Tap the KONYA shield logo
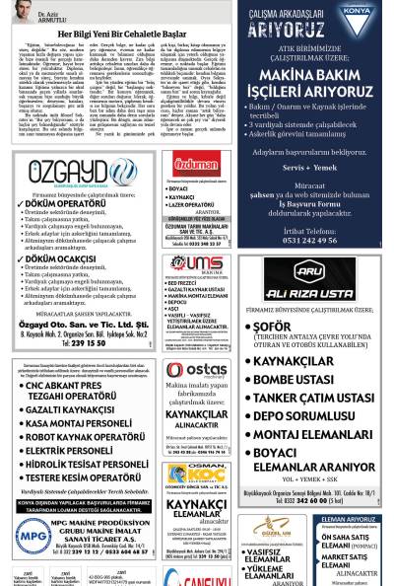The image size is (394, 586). pyautogui.click(x=357, y=17)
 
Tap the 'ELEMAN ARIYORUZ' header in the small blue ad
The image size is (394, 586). pyautogui.click(x=346, y=518)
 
